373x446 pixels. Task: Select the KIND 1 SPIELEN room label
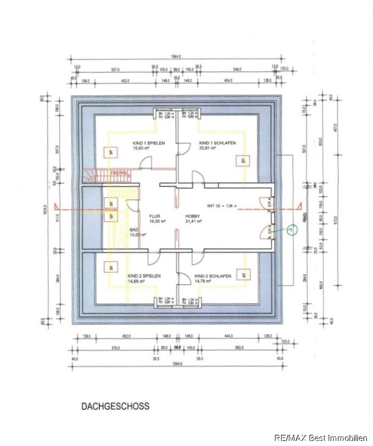pyautogui.click(x=148, y=143)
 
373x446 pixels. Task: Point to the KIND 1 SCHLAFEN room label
pyautogui.click(x=217, y=143)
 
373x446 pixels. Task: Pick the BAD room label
pyautogui.click(x=134, y=229)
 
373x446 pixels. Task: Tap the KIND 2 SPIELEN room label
pyautogui.click(x=144, y=276)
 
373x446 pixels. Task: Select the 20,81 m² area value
pyautogui.click(x=208, y=149)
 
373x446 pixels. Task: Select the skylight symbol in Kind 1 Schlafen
pyautogui.click(x=243, y=161)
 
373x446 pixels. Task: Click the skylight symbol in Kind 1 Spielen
pyautogui.click(x=111, y=151)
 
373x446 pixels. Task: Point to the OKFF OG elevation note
pyautogui.click(x=222, y=206)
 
